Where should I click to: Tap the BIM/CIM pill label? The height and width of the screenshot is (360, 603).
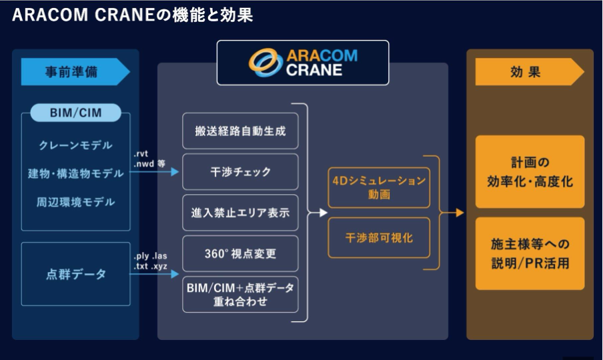click(x=75, y=113)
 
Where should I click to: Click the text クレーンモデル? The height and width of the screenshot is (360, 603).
click(x=75, y=145)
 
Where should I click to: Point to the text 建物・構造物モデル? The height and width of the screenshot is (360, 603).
click(x=75, y=173)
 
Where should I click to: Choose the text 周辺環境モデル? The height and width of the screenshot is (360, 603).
click(x=75, y=201)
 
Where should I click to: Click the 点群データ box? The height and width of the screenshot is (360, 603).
click(x=75, y=274)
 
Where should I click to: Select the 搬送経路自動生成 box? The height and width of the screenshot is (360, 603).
click(x=240, y=131)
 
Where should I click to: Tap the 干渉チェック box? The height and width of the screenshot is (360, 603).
click(x=240, y=172)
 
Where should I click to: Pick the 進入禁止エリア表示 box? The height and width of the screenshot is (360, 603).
click(x=240, y=213)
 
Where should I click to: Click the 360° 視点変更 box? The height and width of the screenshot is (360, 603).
click(x=240, y=253)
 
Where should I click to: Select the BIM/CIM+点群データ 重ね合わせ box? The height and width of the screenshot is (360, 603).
click(x=240, y=294)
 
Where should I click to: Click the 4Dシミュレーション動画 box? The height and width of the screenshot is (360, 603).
click(x=377, y=187)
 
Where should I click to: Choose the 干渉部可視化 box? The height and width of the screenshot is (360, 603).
click(x=377, y=237)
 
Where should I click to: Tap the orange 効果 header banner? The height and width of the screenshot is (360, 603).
click(x=527, y=72)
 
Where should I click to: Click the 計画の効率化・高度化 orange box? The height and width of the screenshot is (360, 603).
click(x=530, y=172)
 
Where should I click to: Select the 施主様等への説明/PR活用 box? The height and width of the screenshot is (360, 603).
click(x=530, y=253)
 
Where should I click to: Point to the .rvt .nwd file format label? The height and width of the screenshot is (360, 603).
click(x=148, y=159)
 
